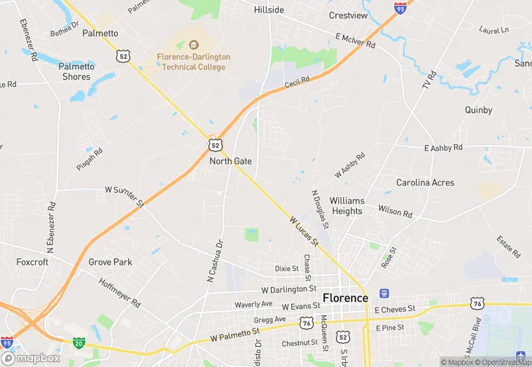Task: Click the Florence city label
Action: [345, 298]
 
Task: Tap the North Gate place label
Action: [230, 161]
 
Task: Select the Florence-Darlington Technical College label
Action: [194, 62]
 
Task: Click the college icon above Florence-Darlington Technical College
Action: [194, 44]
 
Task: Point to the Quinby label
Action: [478, 110]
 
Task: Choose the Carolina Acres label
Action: [425, 182]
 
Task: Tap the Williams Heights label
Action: [347, 205]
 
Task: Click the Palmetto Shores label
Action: [76, 71]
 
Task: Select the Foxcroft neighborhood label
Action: [32, 262]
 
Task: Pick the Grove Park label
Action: [110, 262]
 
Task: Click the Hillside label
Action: [269, 10]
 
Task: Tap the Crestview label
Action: [348, 15]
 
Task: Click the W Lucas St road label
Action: [304, 230]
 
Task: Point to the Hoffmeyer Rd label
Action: [119, 293]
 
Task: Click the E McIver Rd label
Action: [355, 41]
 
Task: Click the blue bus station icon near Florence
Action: [384, 293]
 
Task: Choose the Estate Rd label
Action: [508, 247]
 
